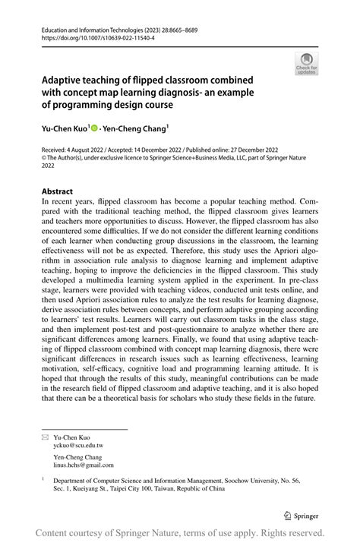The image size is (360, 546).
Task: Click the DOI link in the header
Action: tap(92, 36)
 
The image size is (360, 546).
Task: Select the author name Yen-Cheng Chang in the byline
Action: tap(139, 130)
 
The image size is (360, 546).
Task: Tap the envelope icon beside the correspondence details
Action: tap(45, 438)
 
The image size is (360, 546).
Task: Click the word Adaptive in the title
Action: tap(62, 79)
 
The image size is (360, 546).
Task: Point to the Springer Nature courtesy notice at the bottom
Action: tap(180, 534)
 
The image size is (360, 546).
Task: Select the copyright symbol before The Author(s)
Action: tap(44, 158)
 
